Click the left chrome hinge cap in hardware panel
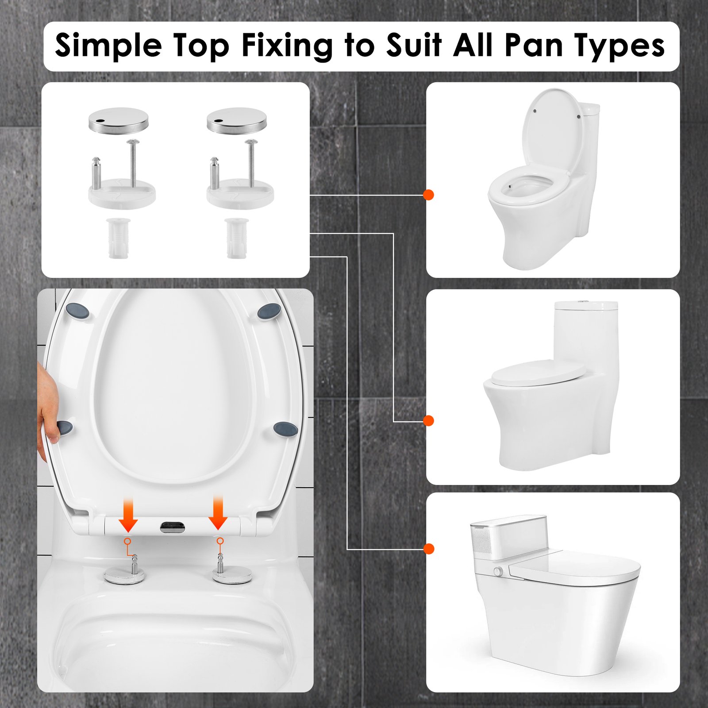tap(118, 120)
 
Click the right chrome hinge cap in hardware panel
tap(237, 120)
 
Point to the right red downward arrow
tap(218, 514)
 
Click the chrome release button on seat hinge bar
tap(173, 527)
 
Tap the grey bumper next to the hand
tap(65, 427)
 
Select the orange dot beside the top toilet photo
tap(428, 195)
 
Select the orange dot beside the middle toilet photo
tap(428, 420)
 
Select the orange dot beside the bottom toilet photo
tap(428, 549)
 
